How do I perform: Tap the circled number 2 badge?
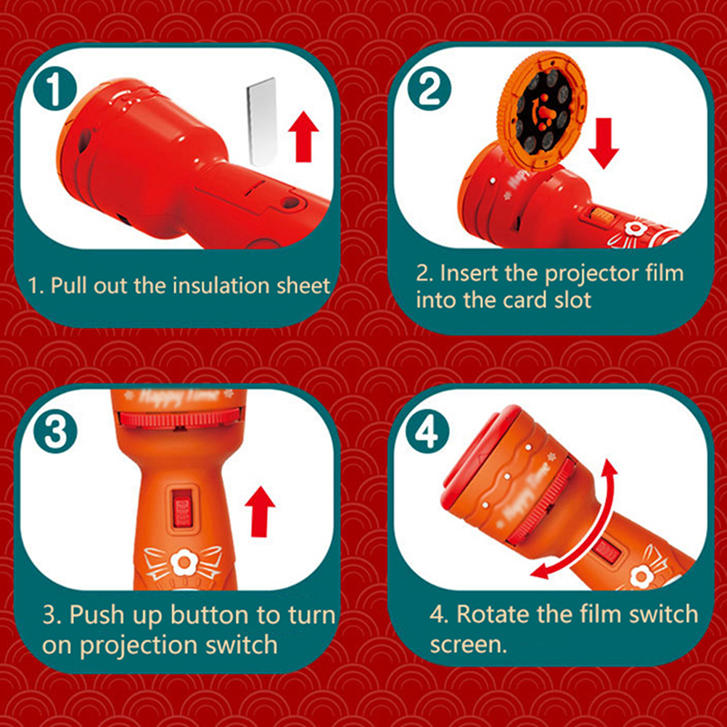pos(430,89)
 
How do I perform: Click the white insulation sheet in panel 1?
pos(262,122)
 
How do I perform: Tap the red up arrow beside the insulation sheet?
pos(304,136)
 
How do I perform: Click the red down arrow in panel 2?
pos(603,143)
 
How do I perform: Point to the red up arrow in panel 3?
pos(260,512)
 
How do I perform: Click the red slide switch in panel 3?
pos(181,510)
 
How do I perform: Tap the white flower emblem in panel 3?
pos(184,563)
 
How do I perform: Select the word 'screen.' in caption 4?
pos(468,644)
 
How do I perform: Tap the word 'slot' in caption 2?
pos(572,300)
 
